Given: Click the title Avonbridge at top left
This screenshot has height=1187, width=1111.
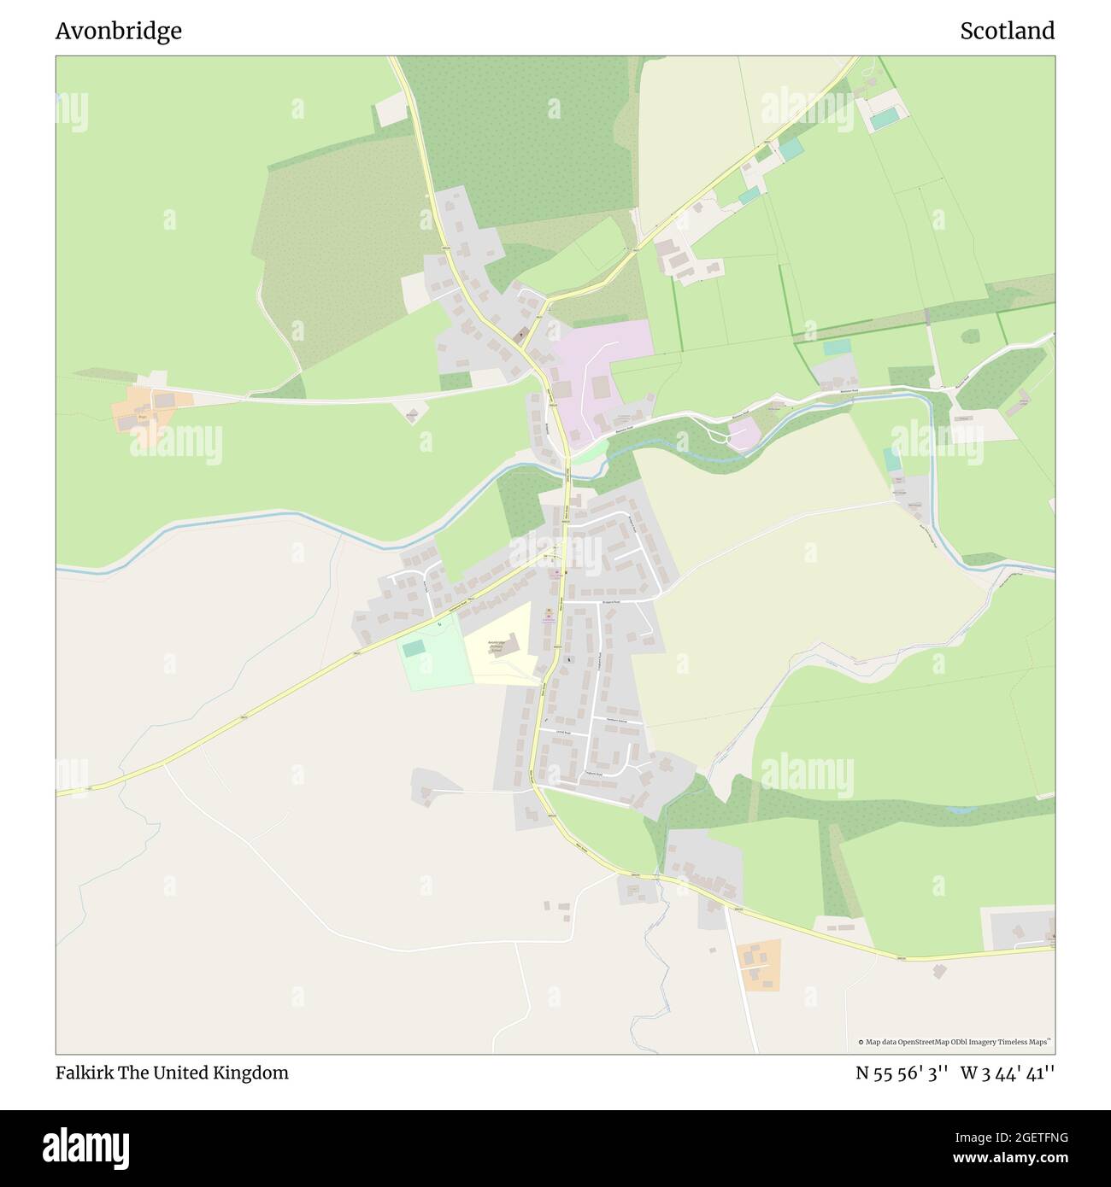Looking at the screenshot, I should (x=119, y=31).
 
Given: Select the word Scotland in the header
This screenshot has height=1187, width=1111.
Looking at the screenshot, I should (x=1007, y=31).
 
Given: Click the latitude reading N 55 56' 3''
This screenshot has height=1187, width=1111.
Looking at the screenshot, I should (x=902, y=1073).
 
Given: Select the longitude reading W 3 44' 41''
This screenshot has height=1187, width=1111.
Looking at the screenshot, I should (x=1008, y=1073).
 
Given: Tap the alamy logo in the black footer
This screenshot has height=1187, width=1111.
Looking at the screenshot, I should (x=86, y=1146).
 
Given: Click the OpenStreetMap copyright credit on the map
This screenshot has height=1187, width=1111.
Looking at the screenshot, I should (x=954, y=1042).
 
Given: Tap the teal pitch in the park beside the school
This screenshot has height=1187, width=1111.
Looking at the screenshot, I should (x=414, y=649).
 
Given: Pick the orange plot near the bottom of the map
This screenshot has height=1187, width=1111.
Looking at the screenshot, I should (x=760, y=965).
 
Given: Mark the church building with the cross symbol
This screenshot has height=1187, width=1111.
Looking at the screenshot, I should (x=519, y=334).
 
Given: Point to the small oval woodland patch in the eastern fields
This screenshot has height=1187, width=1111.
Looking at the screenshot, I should (x=969, y=336).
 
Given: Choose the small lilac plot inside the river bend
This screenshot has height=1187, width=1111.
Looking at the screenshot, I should (x=742, y=433).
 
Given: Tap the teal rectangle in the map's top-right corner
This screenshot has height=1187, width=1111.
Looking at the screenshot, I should (x=885, y=118).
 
